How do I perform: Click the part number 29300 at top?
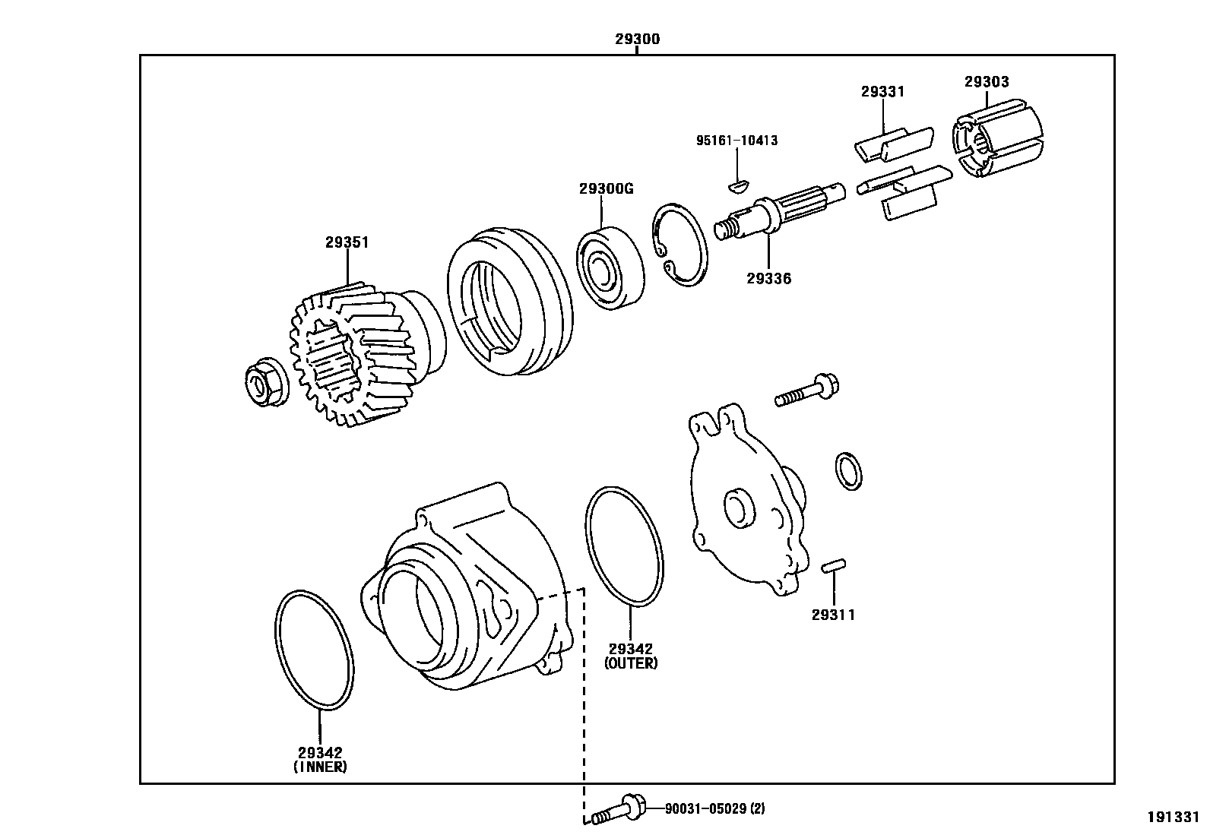click(637, 40)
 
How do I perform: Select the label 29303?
click(987, 82)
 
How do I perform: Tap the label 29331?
click(882, 92)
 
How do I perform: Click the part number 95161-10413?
click(736, 141)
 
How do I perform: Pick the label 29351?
click(347, 243)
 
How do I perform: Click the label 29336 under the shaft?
click(768, 279)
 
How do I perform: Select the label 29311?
click(833, 615)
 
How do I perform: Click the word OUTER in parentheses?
click(631, 663)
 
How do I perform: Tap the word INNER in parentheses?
click(320, 767)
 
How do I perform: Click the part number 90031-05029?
click(706, 809)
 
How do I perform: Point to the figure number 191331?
click(1173, 817)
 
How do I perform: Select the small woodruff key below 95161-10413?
click(738, 183)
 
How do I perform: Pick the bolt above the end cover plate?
click(806, 390)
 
